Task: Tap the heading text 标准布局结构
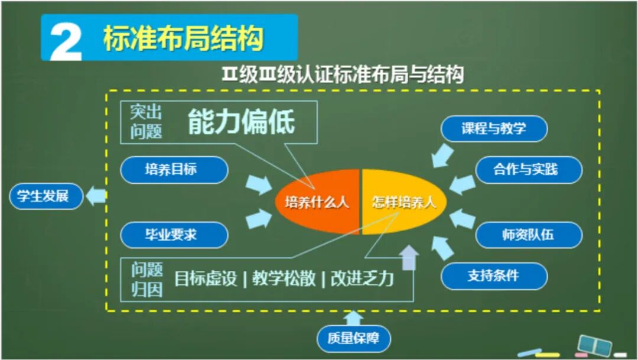coord(183,38)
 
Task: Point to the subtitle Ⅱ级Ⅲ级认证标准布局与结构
coord(343,75)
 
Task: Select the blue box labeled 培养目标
coord(174,170)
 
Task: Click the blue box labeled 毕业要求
coord(174,235)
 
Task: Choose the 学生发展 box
coord(43,196)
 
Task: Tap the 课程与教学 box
coord(494,128)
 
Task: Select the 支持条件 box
coord(494,275)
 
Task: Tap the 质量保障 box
coord(354,339)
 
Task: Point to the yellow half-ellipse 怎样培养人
coord(404,202)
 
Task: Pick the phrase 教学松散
coord(284,278)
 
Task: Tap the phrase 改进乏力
coord(362,278)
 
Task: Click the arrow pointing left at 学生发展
coord(96,196)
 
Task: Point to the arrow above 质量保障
coord(353,318)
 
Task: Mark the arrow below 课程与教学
coord(442,155)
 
